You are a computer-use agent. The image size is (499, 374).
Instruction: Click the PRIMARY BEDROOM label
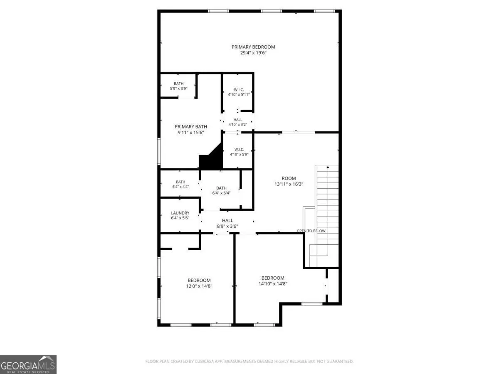253,47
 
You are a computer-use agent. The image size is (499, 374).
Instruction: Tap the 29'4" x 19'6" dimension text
253,53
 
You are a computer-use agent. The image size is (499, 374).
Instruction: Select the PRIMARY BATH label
191,127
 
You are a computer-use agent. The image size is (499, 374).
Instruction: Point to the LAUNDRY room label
180,213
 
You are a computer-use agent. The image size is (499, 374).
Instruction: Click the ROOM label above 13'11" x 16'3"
289,178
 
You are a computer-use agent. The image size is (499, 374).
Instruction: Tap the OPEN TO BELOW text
311,231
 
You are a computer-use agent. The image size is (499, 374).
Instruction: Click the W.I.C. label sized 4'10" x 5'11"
239,90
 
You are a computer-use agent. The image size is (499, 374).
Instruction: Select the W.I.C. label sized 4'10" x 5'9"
239,150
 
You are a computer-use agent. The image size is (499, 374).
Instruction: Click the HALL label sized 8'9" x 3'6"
227,221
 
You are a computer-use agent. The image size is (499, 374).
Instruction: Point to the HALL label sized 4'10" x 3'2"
238,120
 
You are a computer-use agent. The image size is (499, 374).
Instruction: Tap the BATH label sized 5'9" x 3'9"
179,84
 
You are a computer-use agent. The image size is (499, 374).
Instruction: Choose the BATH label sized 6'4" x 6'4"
221,188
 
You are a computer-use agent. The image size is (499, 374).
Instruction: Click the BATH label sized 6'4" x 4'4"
180,182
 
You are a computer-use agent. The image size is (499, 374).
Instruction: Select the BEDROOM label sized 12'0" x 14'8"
199,280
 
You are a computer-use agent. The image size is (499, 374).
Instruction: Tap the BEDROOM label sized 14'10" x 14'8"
273,278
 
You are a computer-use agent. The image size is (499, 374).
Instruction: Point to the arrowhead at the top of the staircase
328,167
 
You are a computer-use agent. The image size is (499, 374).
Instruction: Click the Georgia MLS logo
28,365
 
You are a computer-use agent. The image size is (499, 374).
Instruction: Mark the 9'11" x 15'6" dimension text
191,133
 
